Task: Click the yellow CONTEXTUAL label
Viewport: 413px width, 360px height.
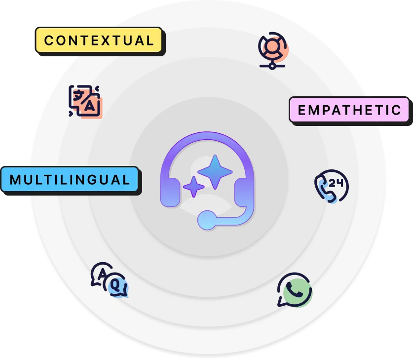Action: [x=99, y=40]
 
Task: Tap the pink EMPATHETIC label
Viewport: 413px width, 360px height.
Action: [x=349, y=110]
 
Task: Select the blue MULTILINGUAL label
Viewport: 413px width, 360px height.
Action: [x=70, y=179]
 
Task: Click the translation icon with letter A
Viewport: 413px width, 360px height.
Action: [x=85, y=101]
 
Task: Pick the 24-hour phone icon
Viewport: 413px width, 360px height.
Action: [x=331, y=186]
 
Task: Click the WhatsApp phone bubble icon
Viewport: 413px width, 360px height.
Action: [x=294, y=290]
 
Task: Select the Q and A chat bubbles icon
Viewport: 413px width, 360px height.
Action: [x=109, y=280]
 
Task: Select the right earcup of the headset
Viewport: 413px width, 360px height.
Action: [x=243, y=192]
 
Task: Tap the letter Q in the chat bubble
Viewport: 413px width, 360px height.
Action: [x=115, y=285]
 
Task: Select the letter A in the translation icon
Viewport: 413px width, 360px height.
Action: [x=90, y=106]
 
